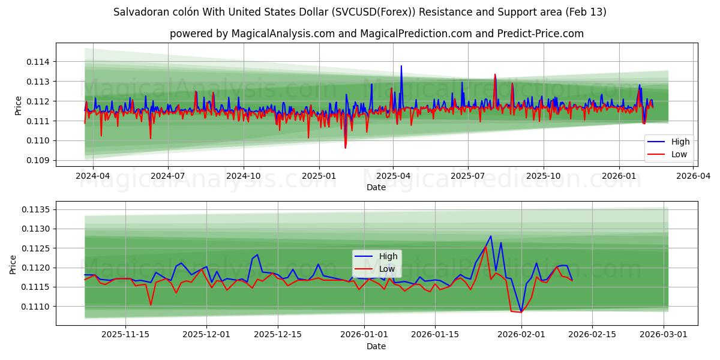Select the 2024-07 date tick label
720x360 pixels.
[x=167, y=176]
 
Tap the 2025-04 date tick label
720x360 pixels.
[x=392, y=176]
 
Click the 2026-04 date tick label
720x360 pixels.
[x=694, y=176]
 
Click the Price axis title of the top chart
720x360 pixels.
[x=18, y=106]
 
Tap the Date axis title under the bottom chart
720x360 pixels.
[x=376, y=346]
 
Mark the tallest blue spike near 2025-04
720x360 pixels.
[x=401, y=66]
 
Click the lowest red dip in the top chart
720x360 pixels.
[x=345, y=148]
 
